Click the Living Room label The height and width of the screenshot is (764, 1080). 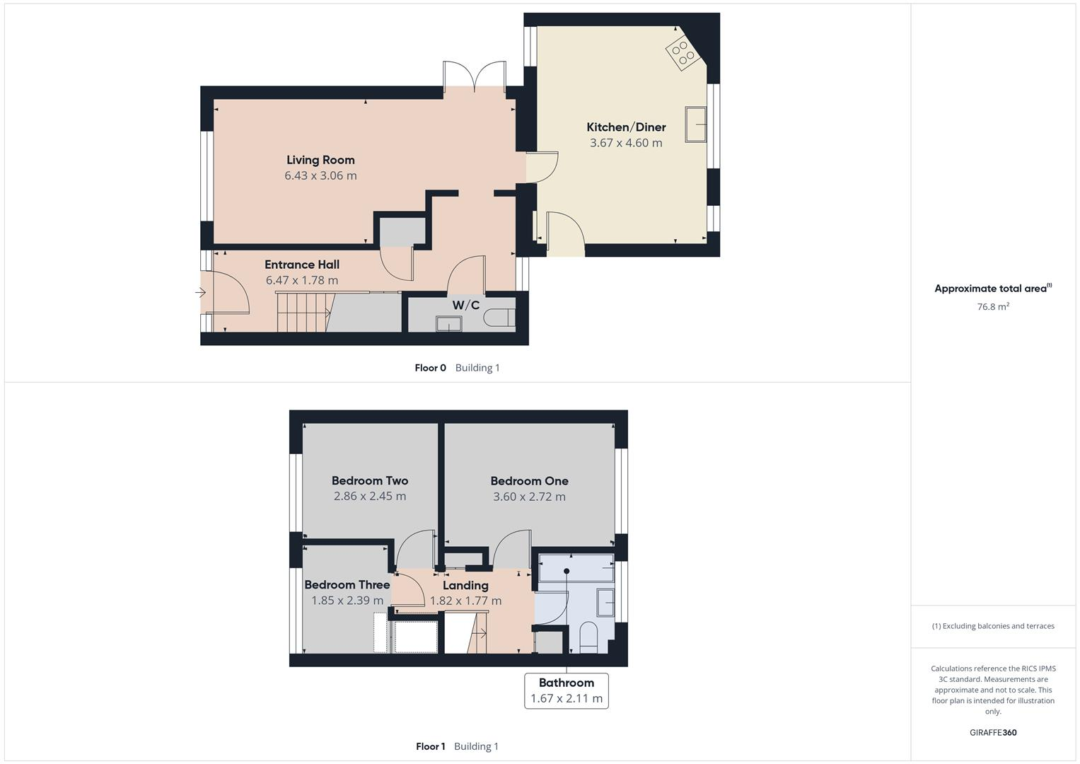point(320,160)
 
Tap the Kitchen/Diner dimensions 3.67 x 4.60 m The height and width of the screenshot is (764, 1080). point(626,143)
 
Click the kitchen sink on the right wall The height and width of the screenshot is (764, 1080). point(696,125)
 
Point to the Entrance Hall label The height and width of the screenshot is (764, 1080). point(302,265)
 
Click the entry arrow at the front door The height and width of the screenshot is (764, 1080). point(200,291)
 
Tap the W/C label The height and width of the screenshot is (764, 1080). point(465,306)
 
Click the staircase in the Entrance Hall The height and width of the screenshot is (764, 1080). point(303,312)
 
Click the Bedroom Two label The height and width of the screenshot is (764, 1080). point(370,480)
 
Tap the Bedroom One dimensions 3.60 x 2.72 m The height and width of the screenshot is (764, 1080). point(529,497)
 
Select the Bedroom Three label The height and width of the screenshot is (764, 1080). point(347,584)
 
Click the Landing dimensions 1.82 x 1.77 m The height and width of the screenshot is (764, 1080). point(465,601)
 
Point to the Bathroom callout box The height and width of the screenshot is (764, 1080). point(566,690)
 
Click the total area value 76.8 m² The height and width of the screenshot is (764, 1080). point(993,306)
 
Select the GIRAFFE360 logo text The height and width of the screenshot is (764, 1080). point(993,732)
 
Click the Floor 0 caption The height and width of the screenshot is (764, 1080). point(430,368)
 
